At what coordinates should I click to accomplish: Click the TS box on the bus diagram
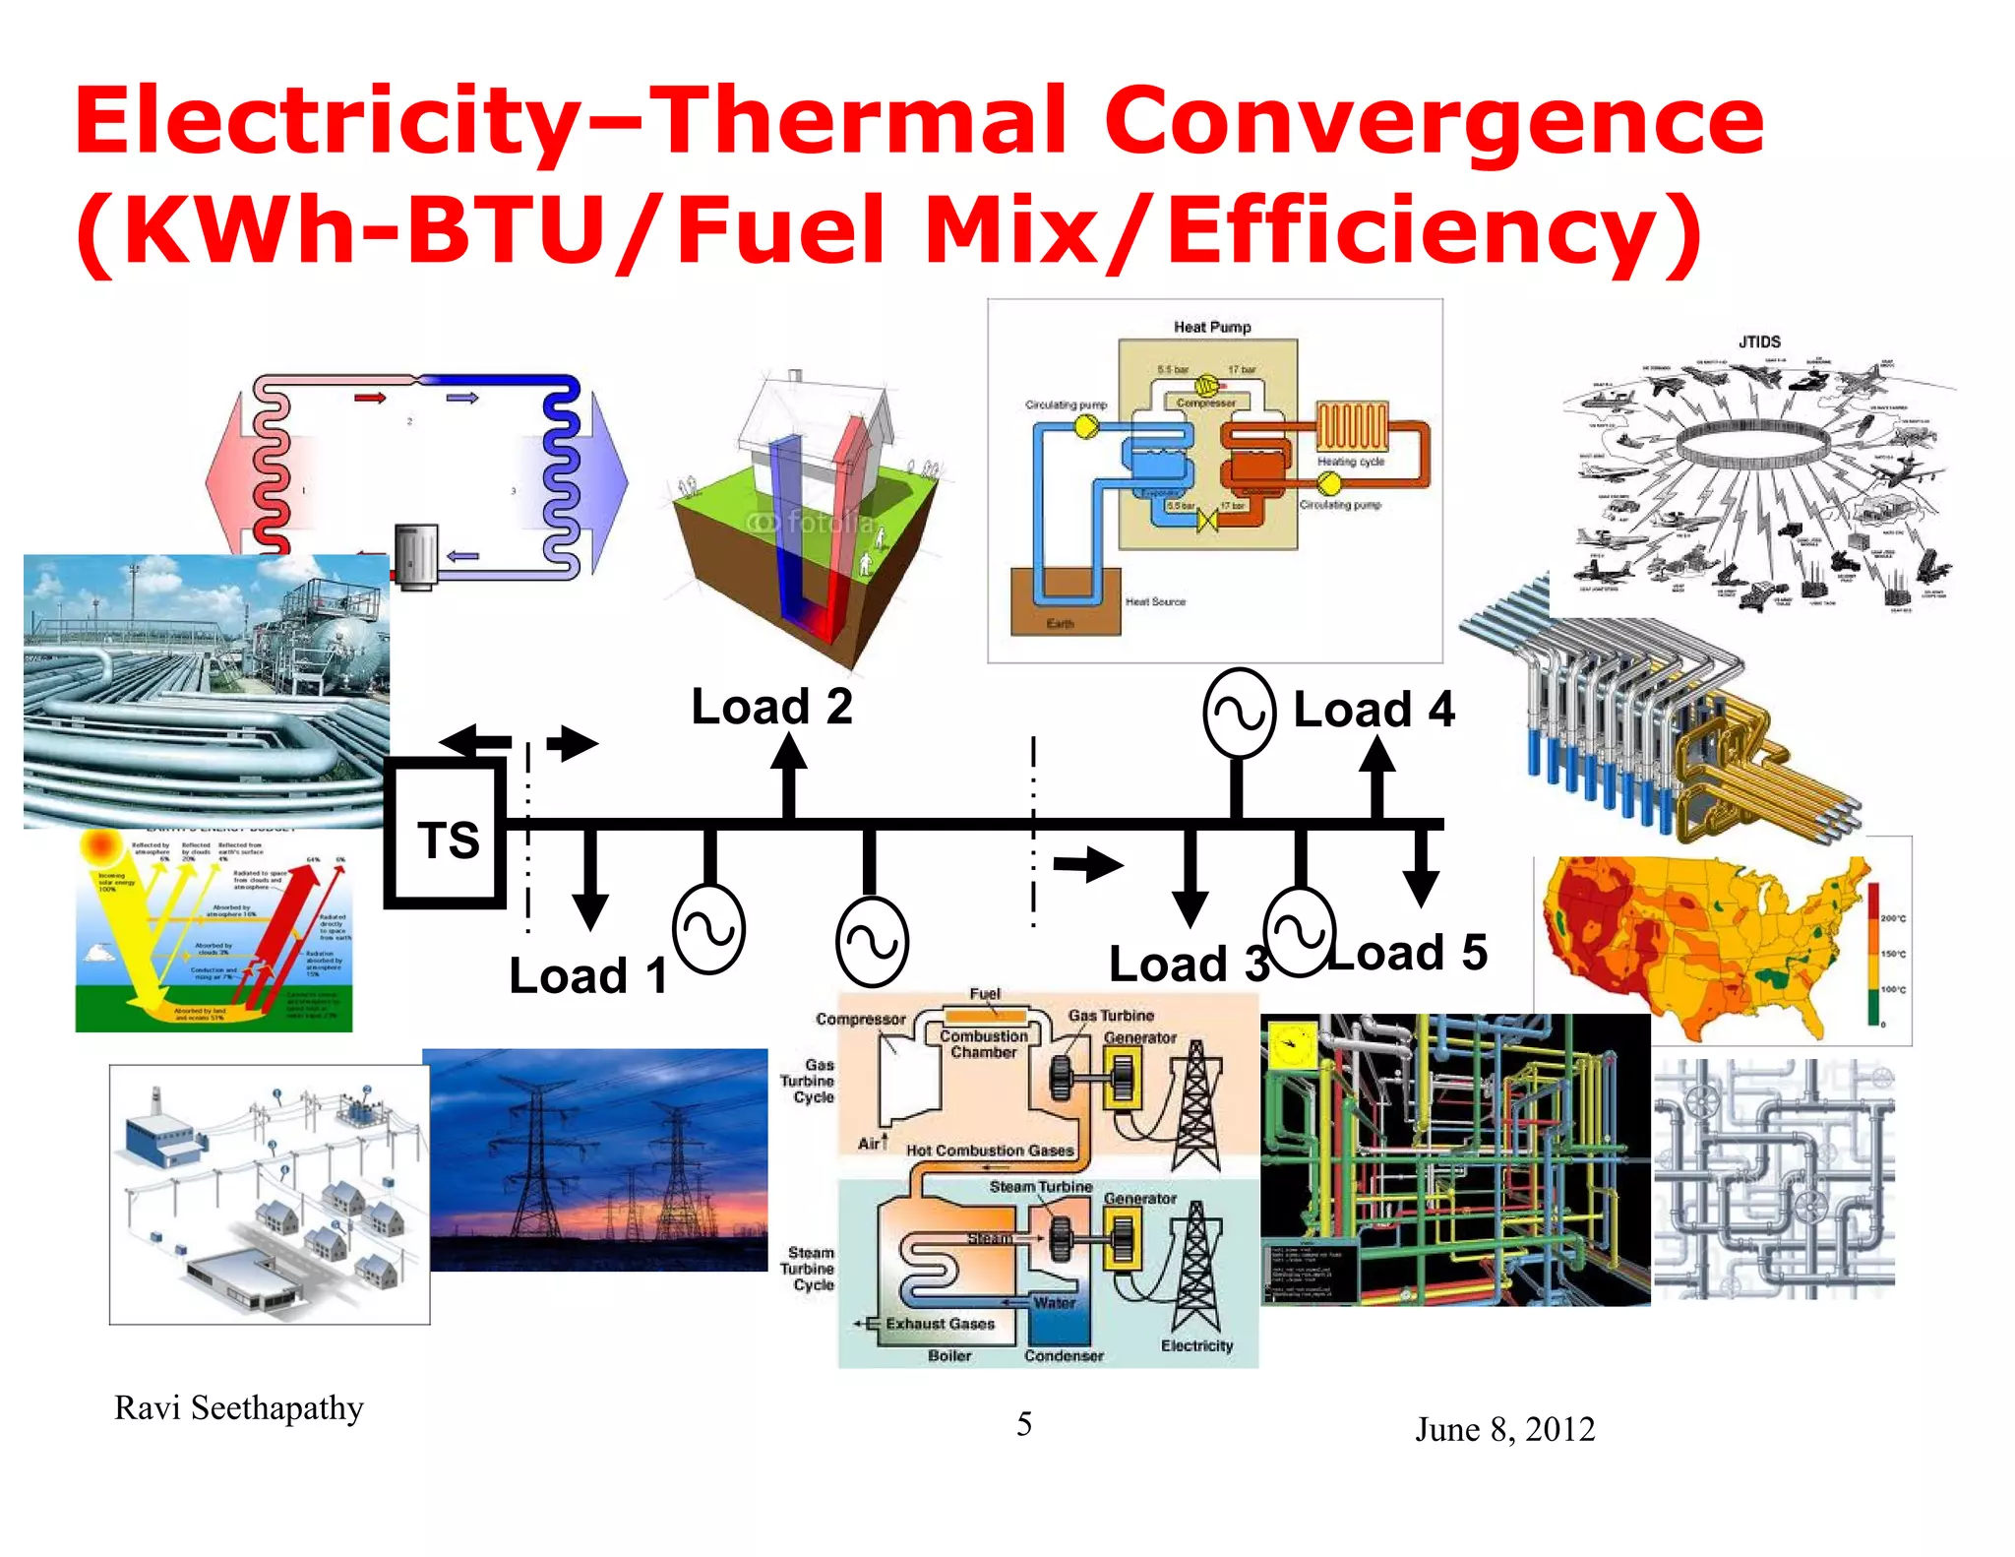(x=447, y=837)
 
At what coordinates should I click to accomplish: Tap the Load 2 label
(x=771, y=707)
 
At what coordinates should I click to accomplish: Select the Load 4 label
(x=1373, y=710)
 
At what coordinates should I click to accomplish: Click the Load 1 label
(x=587, y=976)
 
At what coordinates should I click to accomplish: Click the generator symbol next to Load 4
(x=1239, y=713)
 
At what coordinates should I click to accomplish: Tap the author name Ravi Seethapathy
(x=238, y=1408)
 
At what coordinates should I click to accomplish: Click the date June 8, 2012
(x=1504, y=1429)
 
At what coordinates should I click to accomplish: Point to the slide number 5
(x=1024, y=1424)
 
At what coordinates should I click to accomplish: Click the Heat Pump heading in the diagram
(x=1211, y=327)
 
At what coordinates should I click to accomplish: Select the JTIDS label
(x=1758, y=342)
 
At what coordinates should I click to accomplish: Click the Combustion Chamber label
(x=983, y=1044)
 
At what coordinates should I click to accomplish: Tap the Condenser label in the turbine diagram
(x=1064, y=1355)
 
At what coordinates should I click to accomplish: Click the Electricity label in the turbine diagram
(x=1196, y=1345)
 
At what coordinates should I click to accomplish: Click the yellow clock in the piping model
(x=1292, y=1045)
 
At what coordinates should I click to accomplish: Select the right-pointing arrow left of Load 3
(x=1087, y=865)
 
